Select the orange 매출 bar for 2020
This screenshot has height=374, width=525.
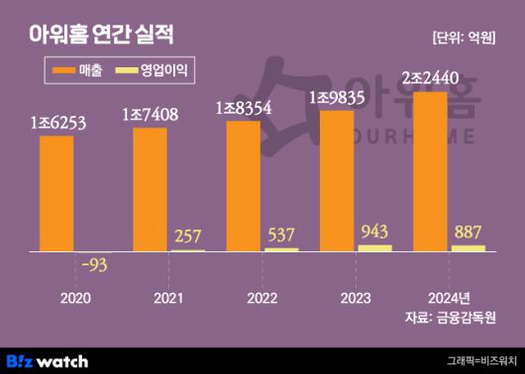pos(56,193)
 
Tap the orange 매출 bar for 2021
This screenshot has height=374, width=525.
pos(150,188)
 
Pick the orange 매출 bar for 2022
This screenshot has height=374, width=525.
pos(243,185)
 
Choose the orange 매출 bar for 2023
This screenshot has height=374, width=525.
pos(337,180)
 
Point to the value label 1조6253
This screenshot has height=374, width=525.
pos(57,123)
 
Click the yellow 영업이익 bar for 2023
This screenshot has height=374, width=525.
pos(374,247)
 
